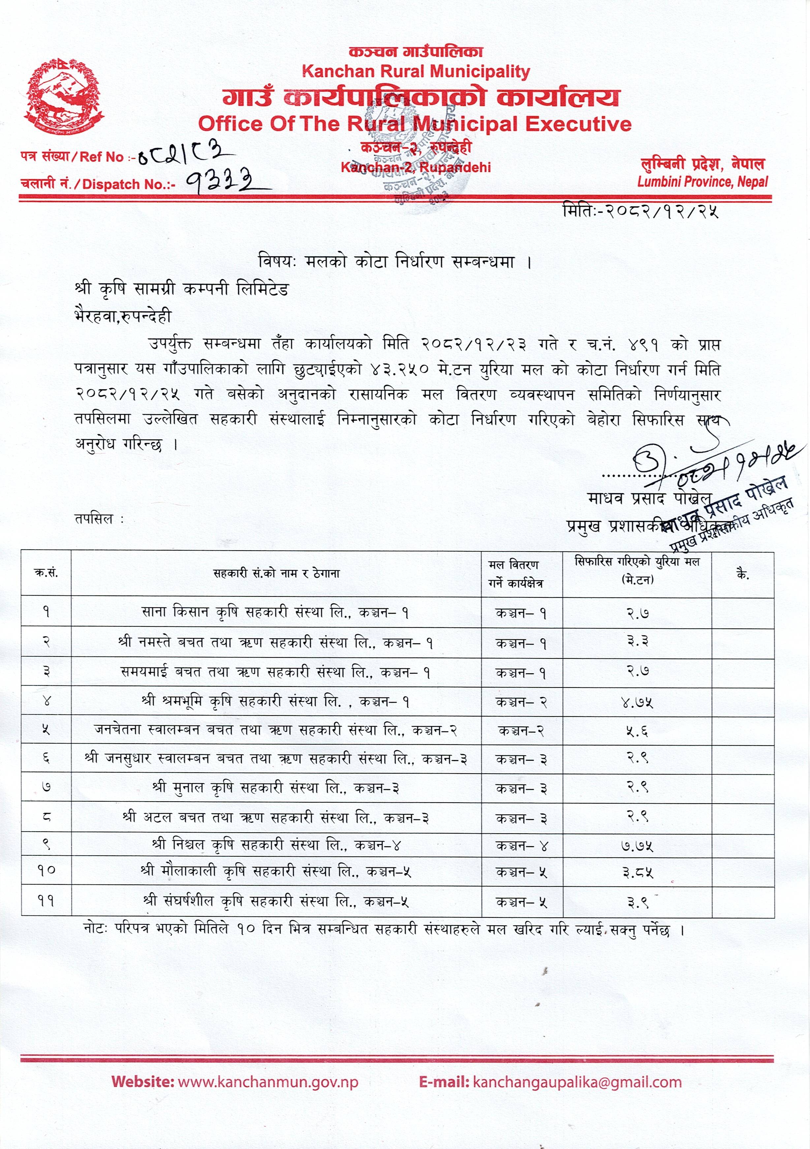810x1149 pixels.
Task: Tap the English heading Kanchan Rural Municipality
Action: [416, 72]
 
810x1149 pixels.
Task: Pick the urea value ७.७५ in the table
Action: [637, 846]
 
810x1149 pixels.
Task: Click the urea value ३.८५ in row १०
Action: [637, 873]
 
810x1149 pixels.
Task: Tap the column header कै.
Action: [742, 575]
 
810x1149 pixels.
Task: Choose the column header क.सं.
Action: [46, 573]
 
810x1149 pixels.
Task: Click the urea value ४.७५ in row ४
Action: [637, 702]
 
